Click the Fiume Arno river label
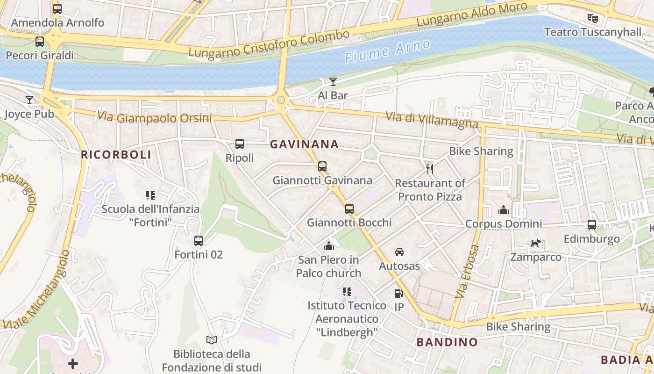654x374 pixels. pyautogui.click(x=387, y=50)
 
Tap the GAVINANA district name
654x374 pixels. pyautogui.click(x=304, y=144)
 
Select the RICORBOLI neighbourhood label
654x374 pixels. pyautogui.click(x=116, y=155)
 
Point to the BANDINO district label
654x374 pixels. pyautogui.click(x=447, y=342)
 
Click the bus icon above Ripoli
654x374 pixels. pyautogui.click(x=240, y=144)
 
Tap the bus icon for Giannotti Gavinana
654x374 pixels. pyautogui.click(x=322, y=166)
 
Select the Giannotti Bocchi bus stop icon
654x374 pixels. pyautogui.click(x=349, y=209)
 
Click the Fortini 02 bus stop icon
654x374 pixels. pyautogui.click(x=199, y=241)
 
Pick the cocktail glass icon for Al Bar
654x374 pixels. pyautogui.click(x=333, y=82)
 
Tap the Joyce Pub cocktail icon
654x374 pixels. pyautogui.click(x=29, y=100)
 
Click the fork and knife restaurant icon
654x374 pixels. pyautogui.click(x=430, y=169)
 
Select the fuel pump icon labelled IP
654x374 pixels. pyautogui.click(x=398, y=294)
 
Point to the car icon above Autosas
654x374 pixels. pyautogui.click(x=399, y=252)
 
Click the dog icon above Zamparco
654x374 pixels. pyautogui.click(x=535, y=244)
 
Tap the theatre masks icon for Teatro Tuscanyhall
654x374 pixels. pyautogui.click(x=593, y=18)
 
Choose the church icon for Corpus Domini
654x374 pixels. pyautogui.click(x=503, y=210)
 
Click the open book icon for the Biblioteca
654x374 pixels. pyautogui.click(x=212, y=340)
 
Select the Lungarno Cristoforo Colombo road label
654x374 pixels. pyautogui.click(x=269, y=43)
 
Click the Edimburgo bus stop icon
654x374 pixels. pyautogui.click(x=591, y=225)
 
